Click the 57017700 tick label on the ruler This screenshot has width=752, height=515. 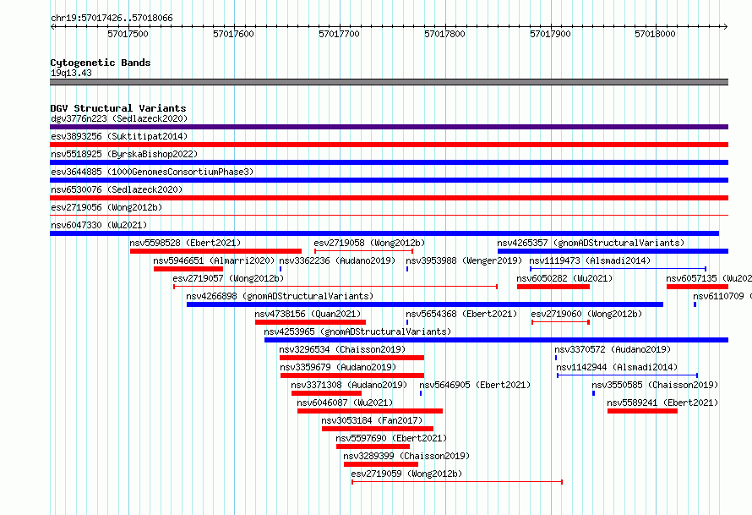[339, 34]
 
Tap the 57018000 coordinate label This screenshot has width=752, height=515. [655, 34]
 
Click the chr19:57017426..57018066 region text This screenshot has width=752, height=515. [112, 19]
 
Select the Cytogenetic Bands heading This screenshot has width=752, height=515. [101, 63]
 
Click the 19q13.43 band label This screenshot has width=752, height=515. [71, 73]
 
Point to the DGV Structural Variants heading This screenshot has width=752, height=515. [118, 108]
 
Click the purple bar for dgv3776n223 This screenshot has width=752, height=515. [389, 127]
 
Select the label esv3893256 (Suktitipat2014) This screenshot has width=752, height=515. [119, 136]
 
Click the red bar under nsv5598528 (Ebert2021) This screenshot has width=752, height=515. [215, 251]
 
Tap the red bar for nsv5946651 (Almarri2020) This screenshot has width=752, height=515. [188, 269]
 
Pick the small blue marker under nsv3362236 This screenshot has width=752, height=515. [281, 269]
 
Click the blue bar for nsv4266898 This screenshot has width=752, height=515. [425, 304]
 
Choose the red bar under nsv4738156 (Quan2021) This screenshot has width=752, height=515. [310, 322]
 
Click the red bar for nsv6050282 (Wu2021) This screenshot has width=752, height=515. [553, 287]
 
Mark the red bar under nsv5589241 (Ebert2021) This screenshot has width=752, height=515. [642, 411]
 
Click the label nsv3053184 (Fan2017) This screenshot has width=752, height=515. [372, 420]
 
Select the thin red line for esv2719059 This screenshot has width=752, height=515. [457, 482]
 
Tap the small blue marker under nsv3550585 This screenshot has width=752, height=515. [594, 393]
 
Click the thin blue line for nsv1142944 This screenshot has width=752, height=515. [627, 375]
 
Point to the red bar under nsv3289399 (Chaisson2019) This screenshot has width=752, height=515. [381, 464]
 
